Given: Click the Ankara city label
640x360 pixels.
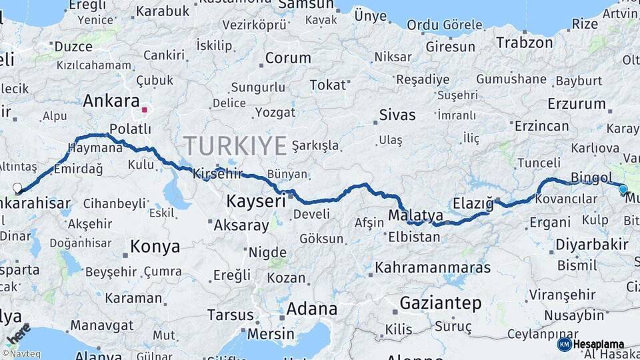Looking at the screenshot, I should [x=111, y=101].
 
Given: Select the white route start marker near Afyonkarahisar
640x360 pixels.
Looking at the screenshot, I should [x=17, y=188].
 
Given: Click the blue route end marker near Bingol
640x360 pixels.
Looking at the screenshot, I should [x=623, y=189].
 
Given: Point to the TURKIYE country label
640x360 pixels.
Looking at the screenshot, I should [x=235, y=145].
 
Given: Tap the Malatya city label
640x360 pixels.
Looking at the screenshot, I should [x=415, y=215].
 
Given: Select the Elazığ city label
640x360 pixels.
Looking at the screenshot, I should [x=472, y=202].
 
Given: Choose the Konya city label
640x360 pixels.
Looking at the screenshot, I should [x=155, y=247].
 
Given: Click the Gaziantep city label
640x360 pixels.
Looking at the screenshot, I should [x=440, y=304].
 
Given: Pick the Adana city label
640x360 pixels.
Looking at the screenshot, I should [x=311, y=309].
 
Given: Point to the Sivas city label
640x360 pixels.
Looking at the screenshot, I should [x=397, y=115].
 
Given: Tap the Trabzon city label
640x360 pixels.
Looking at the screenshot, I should [x=524, y=43].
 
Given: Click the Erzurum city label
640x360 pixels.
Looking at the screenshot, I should [x=576, y=104].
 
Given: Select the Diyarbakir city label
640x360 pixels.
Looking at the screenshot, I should [x=592, y=244].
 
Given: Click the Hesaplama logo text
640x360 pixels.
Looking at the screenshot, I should [x=599, y=345].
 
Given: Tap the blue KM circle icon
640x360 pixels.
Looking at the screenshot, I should [x=564, y=345].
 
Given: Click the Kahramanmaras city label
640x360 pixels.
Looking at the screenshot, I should [x=433, y=268].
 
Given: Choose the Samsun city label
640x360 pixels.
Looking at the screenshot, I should [x=305, y=5].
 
